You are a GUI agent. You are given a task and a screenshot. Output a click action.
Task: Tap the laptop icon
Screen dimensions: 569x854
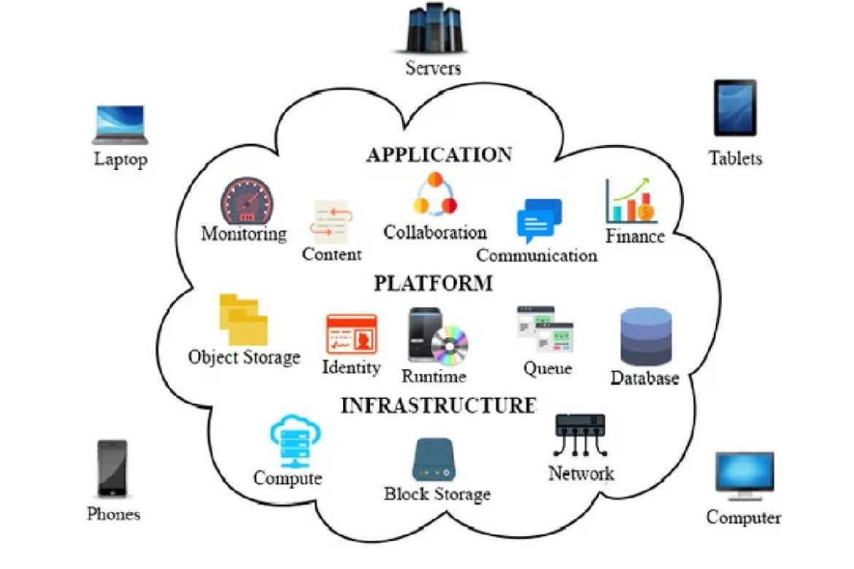pos(120,125)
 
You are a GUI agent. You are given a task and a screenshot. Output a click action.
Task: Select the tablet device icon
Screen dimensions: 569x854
pos(734,107)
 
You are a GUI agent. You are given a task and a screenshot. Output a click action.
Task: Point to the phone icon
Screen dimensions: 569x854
pos(113,469)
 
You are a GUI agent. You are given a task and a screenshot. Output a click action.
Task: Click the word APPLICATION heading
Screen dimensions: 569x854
pos(439,155)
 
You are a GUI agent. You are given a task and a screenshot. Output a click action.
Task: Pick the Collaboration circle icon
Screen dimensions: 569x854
pos(435,195)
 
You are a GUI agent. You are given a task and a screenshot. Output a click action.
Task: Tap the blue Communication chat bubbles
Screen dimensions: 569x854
pos(539,220)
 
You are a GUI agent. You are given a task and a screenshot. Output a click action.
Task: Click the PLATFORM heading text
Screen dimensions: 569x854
pos(433,283)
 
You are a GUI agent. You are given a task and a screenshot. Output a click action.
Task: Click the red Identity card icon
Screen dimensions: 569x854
pos(351,334)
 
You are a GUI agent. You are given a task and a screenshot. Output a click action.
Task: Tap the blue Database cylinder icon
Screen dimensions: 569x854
pos(645,336)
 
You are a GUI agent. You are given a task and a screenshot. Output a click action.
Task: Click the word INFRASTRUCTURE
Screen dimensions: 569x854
pos(438,406)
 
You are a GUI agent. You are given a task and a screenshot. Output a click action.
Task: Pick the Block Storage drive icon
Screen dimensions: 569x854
pos(436,460)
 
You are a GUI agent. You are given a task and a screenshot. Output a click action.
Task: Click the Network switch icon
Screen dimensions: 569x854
pos(580,433)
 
